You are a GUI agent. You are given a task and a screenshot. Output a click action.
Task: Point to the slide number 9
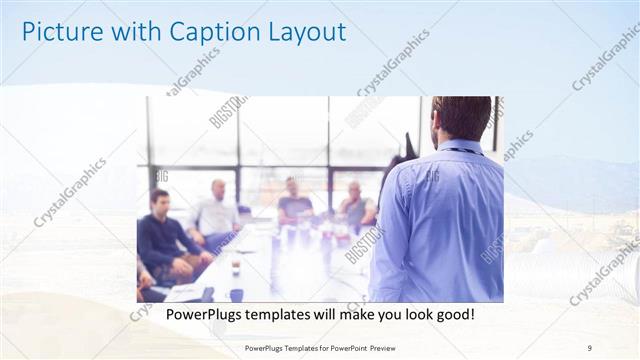[x=589, y=347]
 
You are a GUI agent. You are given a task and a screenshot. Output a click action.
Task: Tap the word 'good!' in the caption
[x=452, y=314]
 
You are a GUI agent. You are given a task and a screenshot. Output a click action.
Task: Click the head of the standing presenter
[x=461, y=118]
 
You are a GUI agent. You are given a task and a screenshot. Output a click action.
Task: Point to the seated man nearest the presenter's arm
[x=355, y=207]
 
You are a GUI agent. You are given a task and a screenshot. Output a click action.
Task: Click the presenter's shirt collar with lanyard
[x=461, y=148]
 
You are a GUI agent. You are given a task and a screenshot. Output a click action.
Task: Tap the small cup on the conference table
[x=235, y=267]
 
